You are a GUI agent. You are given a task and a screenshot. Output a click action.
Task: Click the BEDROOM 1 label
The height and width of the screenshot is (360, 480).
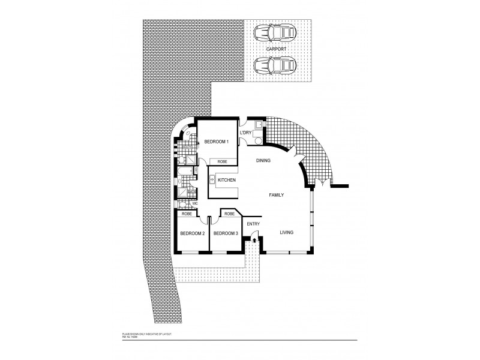click(216, 142)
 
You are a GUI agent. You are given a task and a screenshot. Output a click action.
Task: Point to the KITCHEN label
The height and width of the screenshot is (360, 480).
click(226, 180)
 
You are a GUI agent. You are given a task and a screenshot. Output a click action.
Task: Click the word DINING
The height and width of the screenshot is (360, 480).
click(263, 161)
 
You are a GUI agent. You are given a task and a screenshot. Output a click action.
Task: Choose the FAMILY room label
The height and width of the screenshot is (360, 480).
click(276, 196)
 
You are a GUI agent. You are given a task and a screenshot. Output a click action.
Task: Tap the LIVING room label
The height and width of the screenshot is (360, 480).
click(286, 232)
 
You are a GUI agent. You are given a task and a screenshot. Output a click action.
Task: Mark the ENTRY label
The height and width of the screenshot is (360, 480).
click(253, 224)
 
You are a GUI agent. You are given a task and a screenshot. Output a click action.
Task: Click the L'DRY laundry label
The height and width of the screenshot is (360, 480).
click(245, 133)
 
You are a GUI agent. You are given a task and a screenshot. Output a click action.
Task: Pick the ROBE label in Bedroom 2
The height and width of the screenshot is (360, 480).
click(187, 214)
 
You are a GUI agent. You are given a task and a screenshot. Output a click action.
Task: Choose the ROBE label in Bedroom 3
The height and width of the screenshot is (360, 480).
click(230, 213)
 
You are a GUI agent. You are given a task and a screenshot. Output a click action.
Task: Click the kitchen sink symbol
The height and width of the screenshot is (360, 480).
click(212, 179)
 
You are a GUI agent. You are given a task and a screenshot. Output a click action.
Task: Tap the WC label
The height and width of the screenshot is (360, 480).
click(195, 203)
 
